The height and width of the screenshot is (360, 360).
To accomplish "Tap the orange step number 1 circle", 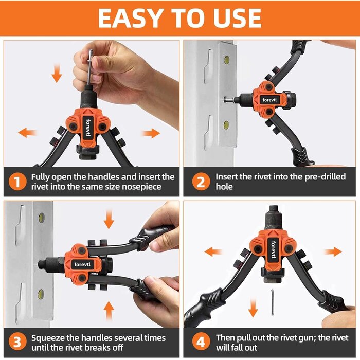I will click(x=18, y=182).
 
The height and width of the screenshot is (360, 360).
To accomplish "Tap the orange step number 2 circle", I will click(x=200, y=182).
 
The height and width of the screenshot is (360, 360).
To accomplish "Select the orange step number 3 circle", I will click(x=18, y=342).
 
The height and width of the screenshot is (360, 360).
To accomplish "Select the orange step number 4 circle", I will click(x=200, y=342).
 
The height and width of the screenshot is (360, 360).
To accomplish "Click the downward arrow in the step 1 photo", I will click(x=57, y=76).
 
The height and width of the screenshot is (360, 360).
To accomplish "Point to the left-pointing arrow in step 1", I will click(x=27, y=133).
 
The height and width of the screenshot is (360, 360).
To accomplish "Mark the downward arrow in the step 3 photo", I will click(x=109, y=220).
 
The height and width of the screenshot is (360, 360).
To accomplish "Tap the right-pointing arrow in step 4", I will click(x=333, y=251).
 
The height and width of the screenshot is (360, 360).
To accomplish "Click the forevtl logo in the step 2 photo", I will click(x=267, y=99).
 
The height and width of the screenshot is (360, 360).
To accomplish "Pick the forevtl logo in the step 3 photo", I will click(x=82, y=264).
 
